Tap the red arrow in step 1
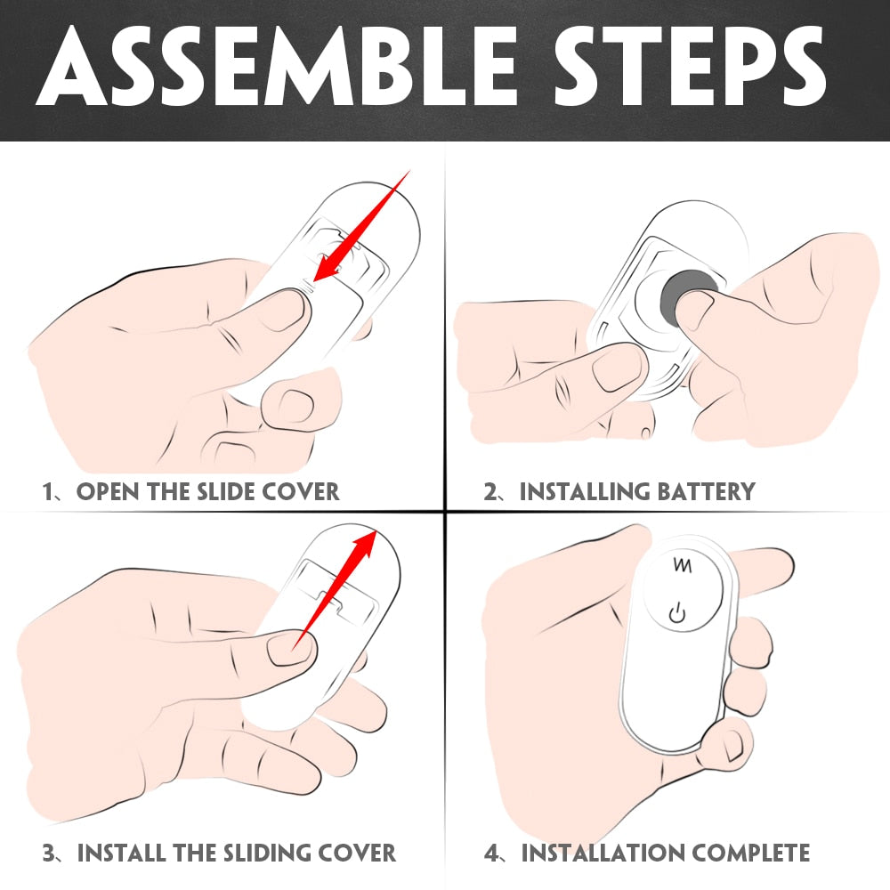pos(361,225)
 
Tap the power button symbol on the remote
pos(677,613)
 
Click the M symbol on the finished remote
pos(683,565)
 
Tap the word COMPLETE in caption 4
pos(751,854)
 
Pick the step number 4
pos(491,854)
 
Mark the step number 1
pos(48,491)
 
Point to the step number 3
pos(49,854)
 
